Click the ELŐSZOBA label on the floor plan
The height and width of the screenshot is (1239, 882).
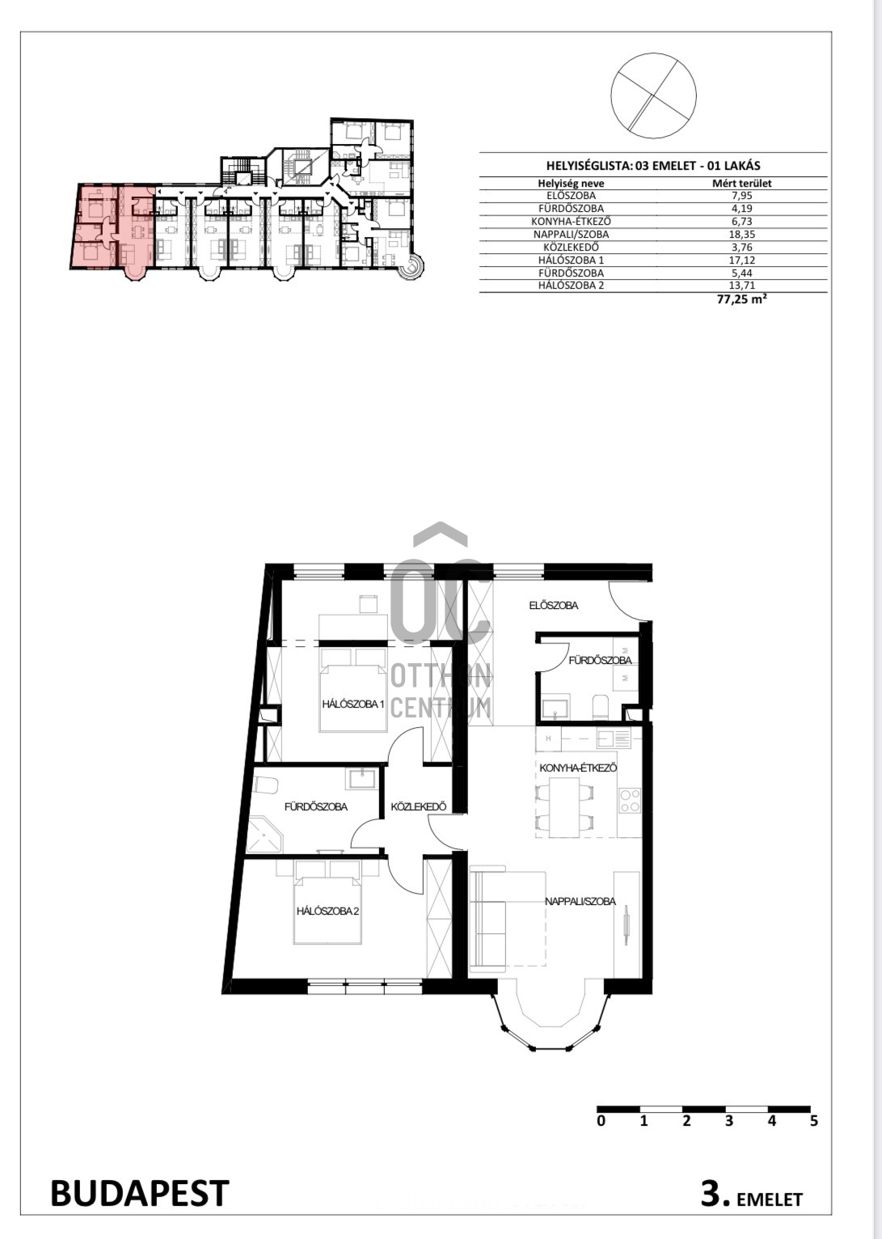click(554, 605)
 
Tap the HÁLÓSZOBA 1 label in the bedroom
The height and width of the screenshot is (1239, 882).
click(353, 704)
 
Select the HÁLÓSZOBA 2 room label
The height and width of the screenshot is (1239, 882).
click(328, 911)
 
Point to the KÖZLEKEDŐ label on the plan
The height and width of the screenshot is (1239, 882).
click(419, 806)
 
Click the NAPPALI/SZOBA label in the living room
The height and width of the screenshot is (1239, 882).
click(580, 901)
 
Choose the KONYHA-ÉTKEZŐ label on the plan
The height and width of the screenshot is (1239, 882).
click(578, 768)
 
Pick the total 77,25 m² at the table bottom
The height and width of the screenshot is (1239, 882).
click(741, 299)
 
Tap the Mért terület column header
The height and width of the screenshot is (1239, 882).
click(741, 183)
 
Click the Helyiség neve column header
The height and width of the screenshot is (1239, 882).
click(571, 183)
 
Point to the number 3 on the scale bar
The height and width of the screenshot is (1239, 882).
click(729, 1121)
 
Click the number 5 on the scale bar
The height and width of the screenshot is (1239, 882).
click(813, 1121)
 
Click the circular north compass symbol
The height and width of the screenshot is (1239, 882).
click(654, 95)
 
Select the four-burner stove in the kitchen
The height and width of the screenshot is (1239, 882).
click(630, 801)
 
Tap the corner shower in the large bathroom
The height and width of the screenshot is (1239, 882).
click(265, 834)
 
